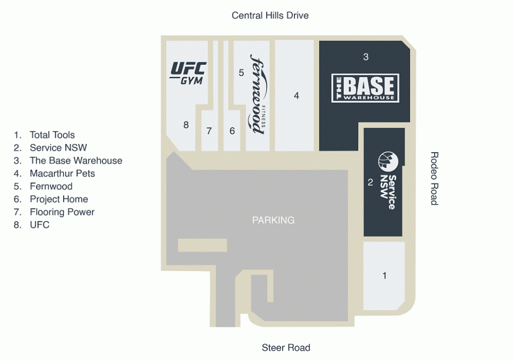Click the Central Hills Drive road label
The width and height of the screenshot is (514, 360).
(x=270, y=16)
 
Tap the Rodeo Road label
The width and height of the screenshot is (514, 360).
(x=434, y=179)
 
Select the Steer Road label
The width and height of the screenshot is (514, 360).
(x=286, y=348)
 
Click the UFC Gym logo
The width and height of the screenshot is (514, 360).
(x=188, y=73)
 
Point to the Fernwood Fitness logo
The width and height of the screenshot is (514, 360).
(x=258, y=94)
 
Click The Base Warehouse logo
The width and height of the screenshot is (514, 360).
(x=365, y=88)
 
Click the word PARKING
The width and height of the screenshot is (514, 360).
(x=273, y=220)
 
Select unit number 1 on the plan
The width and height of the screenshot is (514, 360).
(x=384, y=276)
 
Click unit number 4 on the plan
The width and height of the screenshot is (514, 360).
(x=296, y=96)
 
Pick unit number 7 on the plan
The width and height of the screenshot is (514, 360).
(x=209, y=131)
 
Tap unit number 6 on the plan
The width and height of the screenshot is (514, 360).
(x=232, y=131)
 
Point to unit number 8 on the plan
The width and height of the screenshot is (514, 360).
(x=186, y=125)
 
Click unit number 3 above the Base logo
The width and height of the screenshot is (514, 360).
(x=366, y=57)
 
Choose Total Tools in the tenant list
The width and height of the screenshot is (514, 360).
(x=52, y=135)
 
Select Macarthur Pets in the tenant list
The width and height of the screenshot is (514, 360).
(x=62, y=174)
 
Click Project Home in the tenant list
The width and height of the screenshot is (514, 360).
(x=59, y=199)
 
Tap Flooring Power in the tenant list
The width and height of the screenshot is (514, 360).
(x=62, y=212)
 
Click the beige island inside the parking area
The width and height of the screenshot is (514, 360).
(x=202, y=245)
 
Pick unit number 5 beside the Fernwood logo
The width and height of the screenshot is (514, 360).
(x=241, y=72)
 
